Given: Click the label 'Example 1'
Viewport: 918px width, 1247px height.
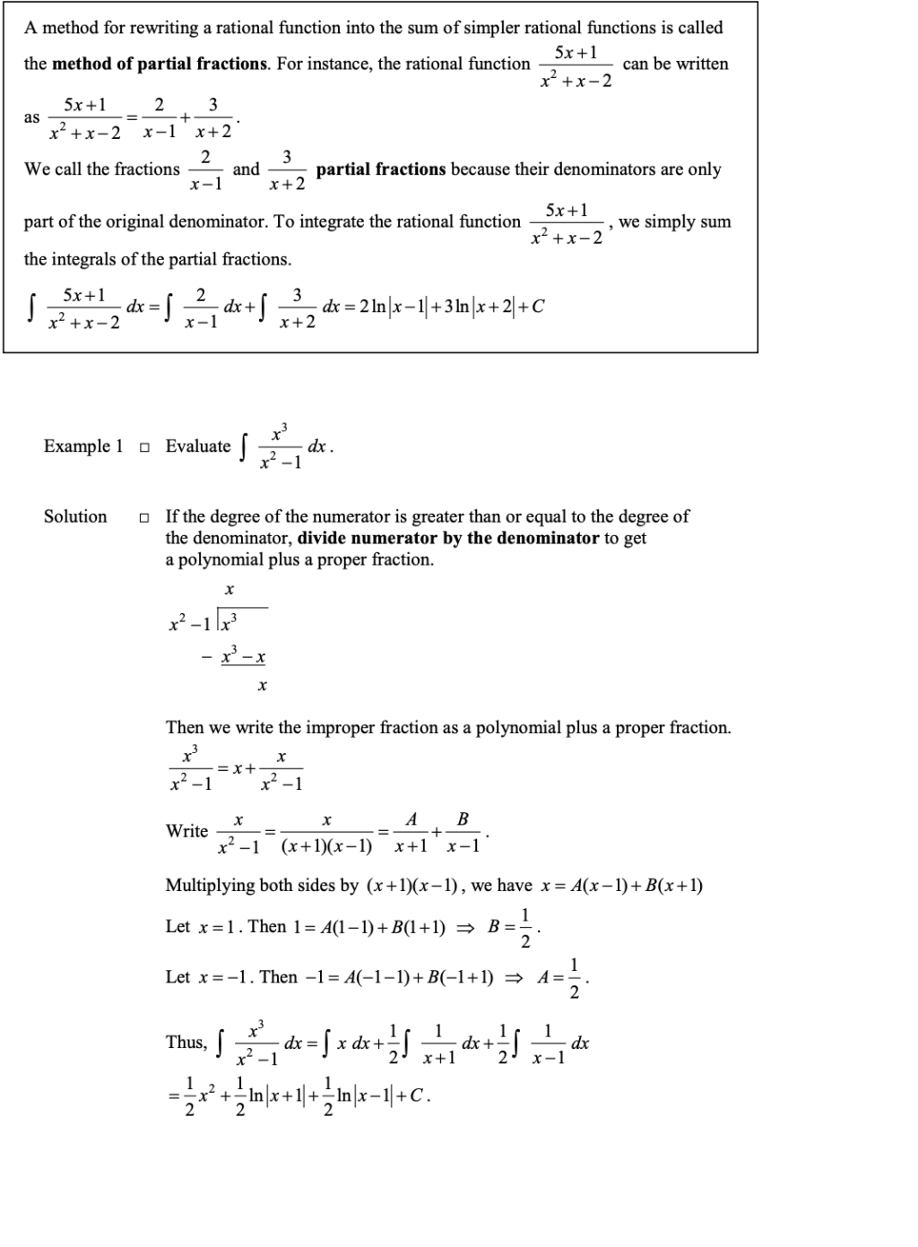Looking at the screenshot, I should coord(83,446).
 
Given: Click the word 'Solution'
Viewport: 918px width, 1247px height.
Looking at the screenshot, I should coord(75,516).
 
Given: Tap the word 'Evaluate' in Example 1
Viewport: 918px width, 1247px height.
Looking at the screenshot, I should coord(198,446).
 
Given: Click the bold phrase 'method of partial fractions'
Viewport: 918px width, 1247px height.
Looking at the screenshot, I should coord(160,64).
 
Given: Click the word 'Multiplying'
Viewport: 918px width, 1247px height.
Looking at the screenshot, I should coord(211,886).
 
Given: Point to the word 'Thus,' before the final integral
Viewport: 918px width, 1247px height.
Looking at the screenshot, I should coord(186,1042).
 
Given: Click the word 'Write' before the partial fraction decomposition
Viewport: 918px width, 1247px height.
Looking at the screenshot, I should coord(186,831).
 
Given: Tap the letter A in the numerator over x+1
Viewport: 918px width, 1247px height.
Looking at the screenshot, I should coord(411,818).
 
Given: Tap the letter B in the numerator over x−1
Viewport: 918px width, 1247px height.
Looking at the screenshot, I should coord(463,818).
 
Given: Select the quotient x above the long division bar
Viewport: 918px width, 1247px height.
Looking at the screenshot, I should coord(229,590).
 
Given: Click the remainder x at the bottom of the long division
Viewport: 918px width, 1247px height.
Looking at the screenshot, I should coord(262,686).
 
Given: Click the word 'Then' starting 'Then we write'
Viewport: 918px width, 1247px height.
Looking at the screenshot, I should coord(185,728).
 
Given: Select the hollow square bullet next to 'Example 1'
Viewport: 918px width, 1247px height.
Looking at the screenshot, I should coord(144,446).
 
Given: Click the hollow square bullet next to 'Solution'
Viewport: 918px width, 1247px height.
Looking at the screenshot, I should coord(144,517).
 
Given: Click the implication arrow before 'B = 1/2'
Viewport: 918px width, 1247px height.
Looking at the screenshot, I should coord(465,928).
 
